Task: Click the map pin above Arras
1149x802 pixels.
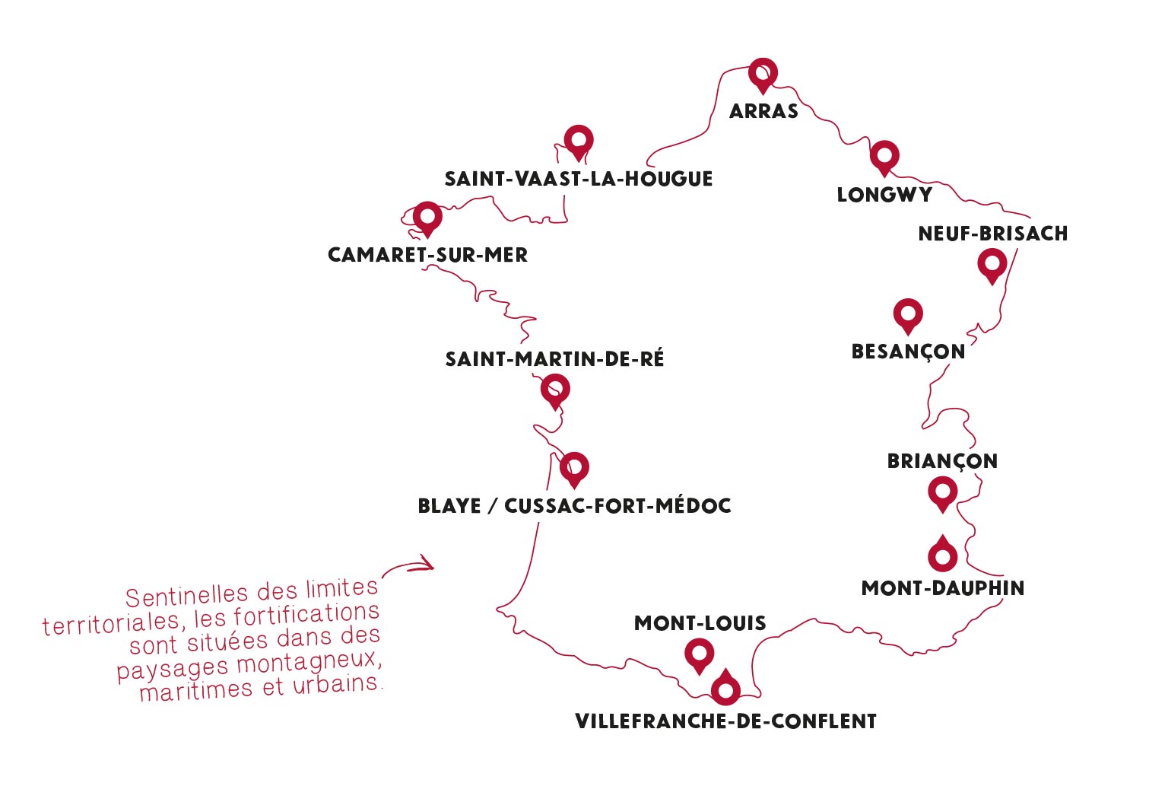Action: click(763, 73)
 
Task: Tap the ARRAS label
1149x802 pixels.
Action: click(763, 111)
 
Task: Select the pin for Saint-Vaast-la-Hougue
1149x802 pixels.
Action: click(579, 141)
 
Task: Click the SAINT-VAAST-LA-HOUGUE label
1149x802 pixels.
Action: click(579, 179)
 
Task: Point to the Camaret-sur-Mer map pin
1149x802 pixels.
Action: click(427, 217)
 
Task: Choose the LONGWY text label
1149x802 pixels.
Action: click(884, 195)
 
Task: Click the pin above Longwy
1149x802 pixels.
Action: click(884, 156)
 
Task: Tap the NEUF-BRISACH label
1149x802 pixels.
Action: click(993, 234)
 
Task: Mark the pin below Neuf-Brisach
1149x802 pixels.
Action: click(992, 265)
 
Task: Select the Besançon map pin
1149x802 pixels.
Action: click(908, 313)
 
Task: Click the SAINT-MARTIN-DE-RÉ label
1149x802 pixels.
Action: click(554, 359)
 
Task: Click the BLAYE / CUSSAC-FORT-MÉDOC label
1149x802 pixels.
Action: click(574, 506)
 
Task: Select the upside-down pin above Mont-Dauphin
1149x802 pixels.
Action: click(943, 555)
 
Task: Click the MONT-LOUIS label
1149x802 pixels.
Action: click(700, 623)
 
